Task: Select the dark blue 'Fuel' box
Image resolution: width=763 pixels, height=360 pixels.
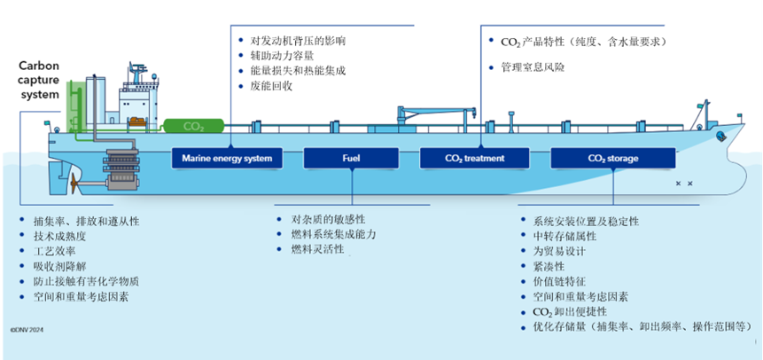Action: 351,159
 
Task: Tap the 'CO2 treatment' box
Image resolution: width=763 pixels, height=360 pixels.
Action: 475,159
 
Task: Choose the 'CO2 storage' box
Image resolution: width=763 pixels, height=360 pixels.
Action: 612,159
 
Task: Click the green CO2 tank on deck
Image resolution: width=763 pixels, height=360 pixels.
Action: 192,127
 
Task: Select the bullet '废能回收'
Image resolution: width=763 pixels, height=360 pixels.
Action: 270,86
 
